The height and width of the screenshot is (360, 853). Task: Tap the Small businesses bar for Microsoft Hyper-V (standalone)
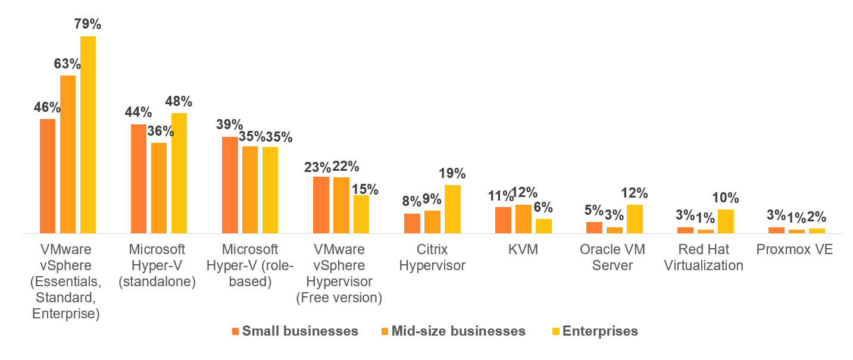point(139,179)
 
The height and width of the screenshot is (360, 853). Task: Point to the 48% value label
point(179,102)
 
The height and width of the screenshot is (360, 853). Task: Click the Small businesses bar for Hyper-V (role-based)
point(230,185)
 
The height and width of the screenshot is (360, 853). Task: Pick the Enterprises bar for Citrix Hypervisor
point(452,209)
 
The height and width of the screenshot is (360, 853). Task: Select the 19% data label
point(452,174)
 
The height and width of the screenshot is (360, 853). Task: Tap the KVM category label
point(523,250)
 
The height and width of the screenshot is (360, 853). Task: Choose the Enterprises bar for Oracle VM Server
point(635,218)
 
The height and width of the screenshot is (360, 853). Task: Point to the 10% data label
point(726,198)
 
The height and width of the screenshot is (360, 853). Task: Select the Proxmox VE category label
point(794,250)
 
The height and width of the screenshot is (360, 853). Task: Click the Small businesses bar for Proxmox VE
point(776,230)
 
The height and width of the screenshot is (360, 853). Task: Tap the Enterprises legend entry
point(599,331)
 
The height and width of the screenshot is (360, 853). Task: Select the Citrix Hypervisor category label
point(432,257)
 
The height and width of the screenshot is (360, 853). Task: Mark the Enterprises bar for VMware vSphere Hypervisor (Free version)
point(361,214)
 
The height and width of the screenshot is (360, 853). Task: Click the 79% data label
point(88,24)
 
